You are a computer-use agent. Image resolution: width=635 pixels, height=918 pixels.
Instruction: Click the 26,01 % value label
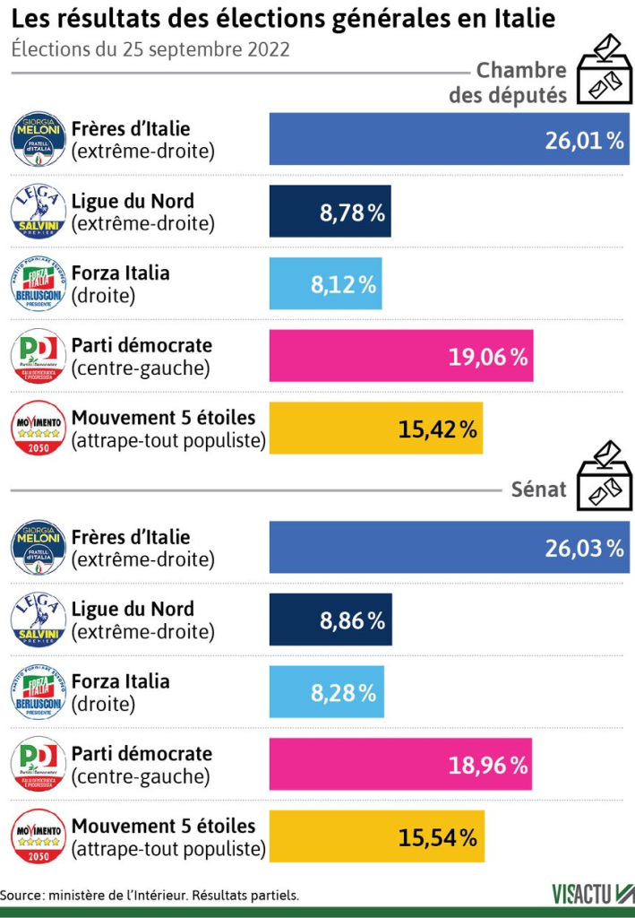pos(584,140)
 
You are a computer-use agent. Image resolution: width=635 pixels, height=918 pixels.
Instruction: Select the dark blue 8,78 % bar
pos(330,212)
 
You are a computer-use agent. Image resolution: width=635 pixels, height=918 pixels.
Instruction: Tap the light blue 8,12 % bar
pos(326,284)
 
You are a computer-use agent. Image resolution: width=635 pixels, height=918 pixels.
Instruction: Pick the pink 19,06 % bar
pos(401,357)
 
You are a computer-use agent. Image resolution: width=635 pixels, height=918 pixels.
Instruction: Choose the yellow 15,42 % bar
pos(376,429)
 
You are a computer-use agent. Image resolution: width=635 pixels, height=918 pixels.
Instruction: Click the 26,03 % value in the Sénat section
pos(584,548)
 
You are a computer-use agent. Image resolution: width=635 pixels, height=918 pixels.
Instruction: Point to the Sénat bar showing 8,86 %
pos(330,619)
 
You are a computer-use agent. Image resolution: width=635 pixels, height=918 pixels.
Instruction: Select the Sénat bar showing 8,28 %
pos(327,692)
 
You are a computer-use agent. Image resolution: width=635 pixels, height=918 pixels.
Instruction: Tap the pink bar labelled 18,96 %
pos(400,765)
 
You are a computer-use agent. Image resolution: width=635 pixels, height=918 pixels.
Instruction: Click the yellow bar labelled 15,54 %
pos(377,837)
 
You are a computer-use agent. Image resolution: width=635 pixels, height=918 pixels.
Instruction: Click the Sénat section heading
pos(538,489)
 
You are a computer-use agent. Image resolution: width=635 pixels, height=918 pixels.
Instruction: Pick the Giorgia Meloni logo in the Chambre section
pos(38,140)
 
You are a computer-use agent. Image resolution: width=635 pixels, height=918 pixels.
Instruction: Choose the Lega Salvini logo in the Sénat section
pos(38,619)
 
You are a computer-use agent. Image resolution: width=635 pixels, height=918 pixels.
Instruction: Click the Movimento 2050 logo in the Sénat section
pos(38,837)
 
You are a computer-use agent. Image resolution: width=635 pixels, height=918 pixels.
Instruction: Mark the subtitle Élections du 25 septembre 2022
pos(151,50)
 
